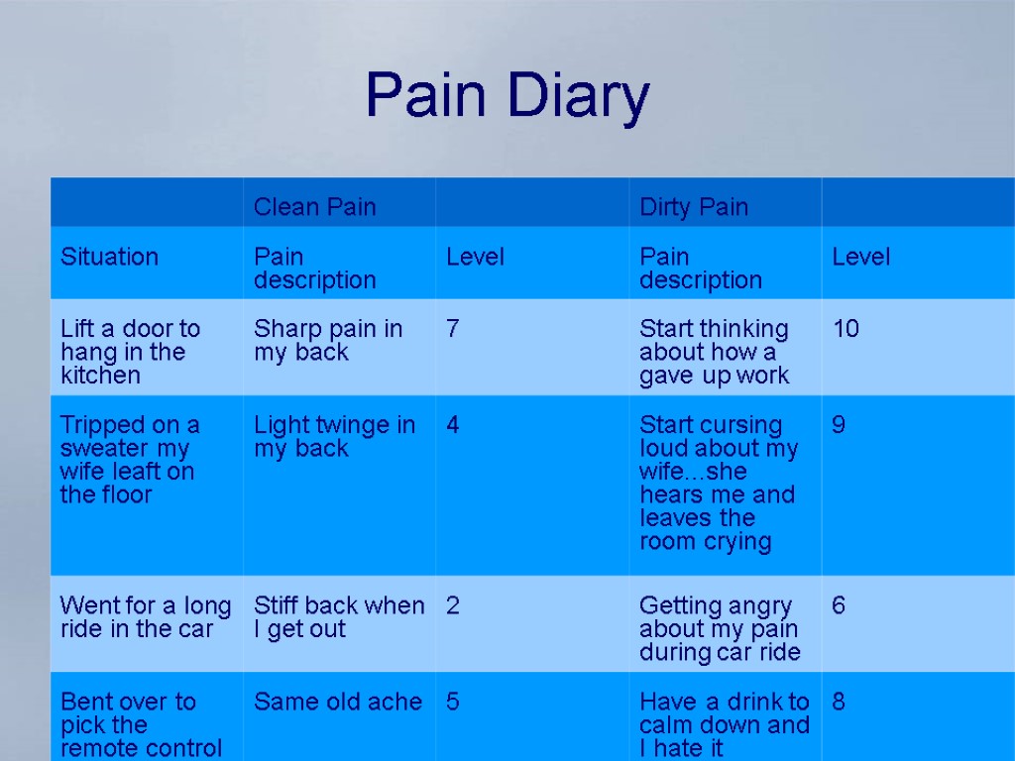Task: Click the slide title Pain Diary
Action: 507,96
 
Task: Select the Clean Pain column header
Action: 314,207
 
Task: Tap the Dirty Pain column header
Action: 693,207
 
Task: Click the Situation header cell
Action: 109,257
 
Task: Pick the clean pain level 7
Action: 452,329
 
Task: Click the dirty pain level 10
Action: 846,329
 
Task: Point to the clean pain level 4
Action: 452,425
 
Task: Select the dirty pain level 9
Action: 839,425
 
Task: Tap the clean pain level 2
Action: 452,605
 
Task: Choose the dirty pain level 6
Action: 839,605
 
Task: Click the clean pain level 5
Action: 452,702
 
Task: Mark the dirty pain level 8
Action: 839,702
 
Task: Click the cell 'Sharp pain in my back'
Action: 327,340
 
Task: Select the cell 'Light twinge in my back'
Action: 334,437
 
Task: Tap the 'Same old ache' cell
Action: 337,702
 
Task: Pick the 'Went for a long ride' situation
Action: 145,616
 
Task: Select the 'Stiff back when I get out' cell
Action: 338,616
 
